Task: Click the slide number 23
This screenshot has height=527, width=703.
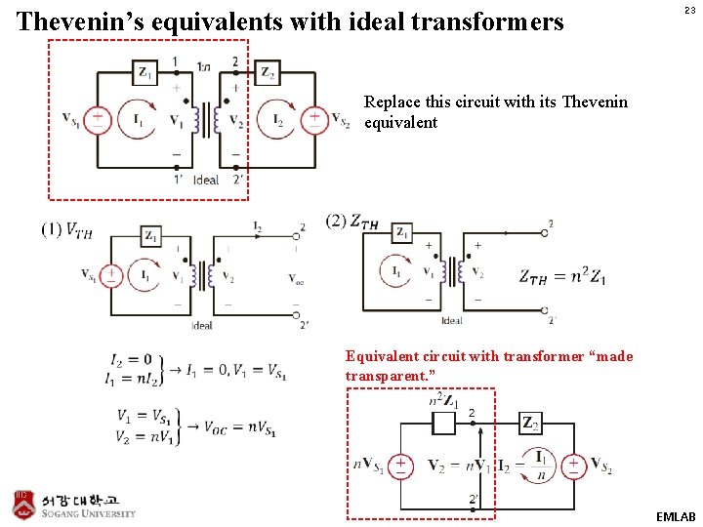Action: [688, 11]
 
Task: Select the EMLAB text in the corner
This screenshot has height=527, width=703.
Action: [676, 515]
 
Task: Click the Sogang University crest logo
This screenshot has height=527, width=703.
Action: [23, 503]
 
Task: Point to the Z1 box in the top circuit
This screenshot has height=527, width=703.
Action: [145, 72]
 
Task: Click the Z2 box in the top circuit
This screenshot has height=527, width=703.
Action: [267, 72]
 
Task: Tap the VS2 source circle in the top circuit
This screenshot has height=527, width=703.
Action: [314, 119]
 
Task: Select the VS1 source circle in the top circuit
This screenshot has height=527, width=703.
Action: [98, 119]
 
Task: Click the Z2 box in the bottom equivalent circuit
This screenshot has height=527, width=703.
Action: [530, 424]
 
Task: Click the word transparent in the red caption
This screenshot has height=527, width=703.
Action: [390, 376]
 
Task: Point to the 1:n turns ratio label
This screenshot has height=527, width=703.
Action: [203, 66]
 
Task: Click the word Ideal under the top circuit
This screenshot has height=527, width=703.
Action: [206, 180]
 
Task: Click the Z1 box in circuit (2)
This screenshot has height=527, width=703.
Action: [402, 233]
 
